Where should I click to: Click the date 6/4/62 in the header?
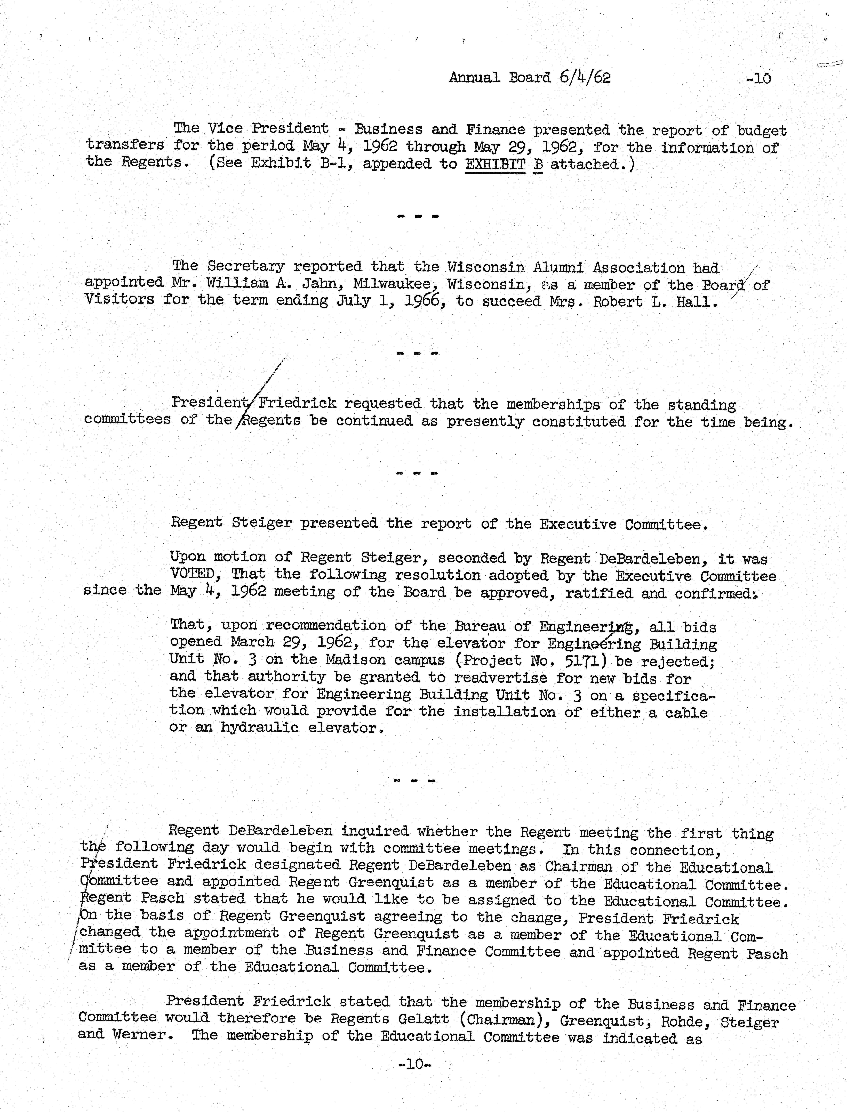pyautogui.click(x=585, y=78)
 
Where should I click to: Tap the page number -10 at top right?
pyautogui.click(x=759, y=79)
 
